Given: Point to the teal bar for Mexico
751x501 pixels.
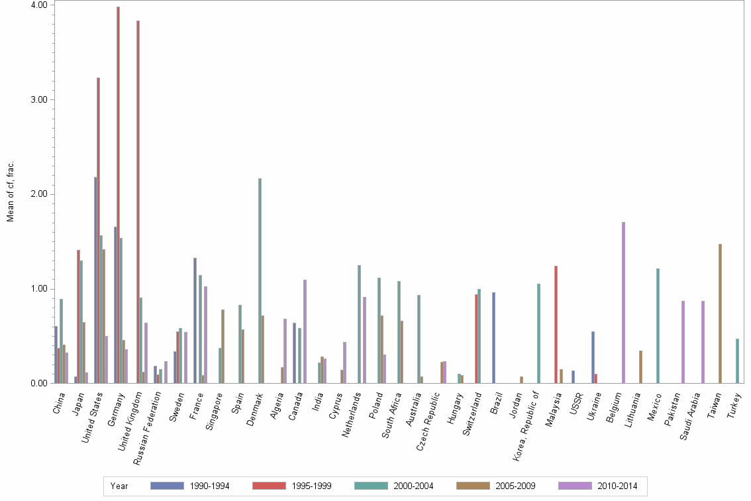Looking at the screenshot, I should [x=658, y=325].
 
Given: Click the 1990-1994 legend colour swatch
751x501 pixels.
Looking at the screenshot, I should [x=167, y=486].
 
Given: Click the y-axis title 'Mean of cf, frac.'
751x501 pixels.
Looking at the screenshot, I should [x=11, y=192].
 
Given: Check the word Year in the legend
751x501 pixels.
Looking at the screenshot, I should [x=119, y=486].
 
